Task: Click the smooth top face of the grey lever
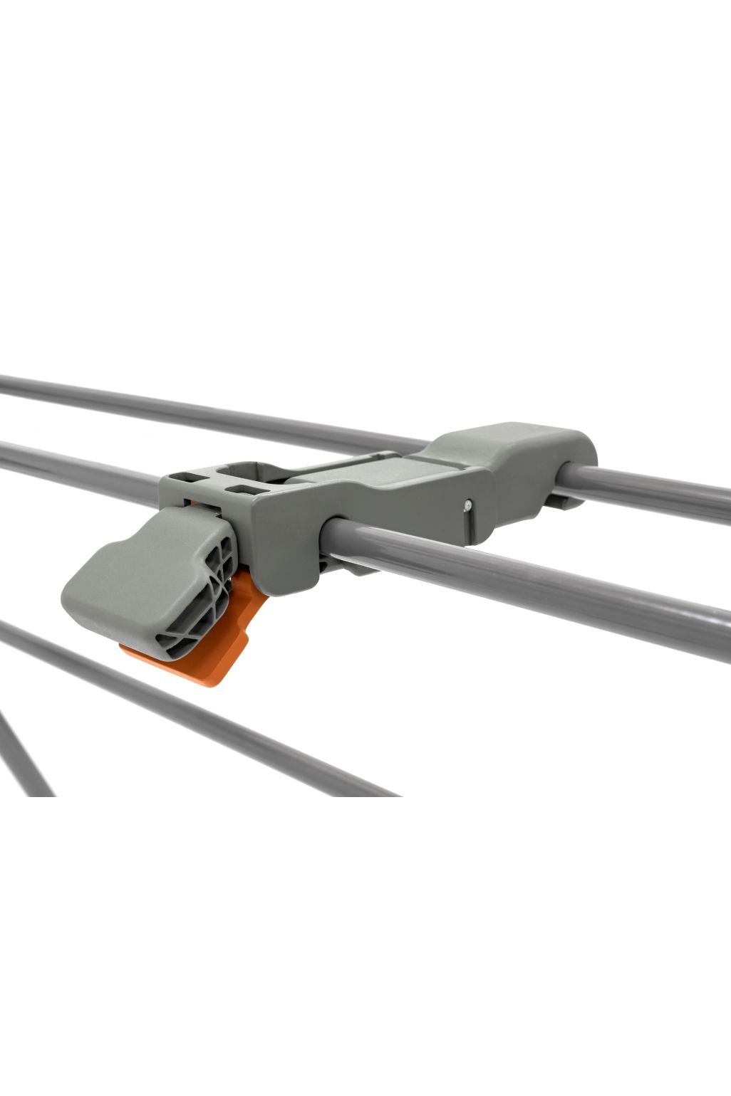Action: click(135, 562)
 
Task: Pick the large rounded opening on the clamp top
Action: click(246, 470)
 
